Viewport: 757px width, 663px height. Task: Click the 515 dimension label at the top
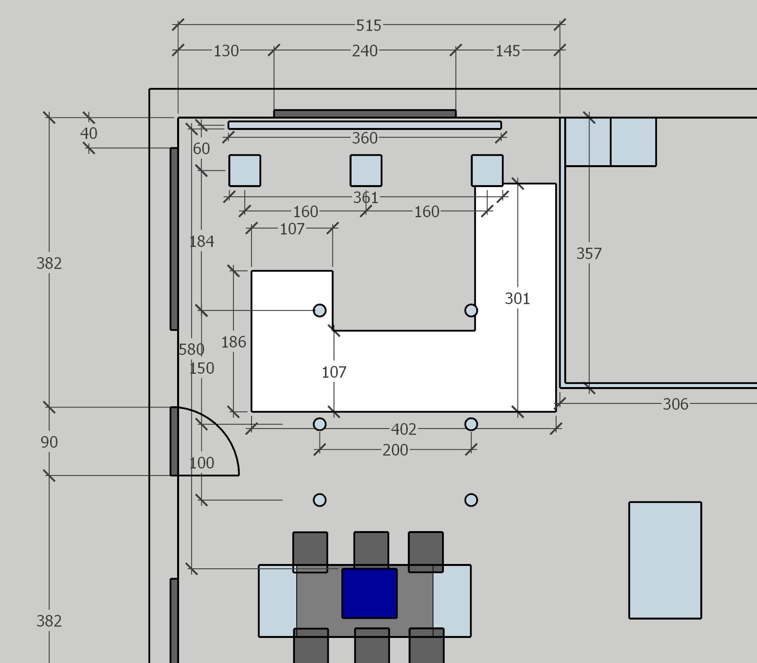click(x=368, y=26)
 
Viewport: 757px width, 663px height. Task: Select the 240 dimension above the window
click(x=365, y=51)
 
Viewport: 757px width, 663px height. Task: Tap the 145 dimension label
click(x=508, y=51)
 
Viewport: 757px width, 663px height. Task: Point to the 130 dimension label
click(x=226, y=51)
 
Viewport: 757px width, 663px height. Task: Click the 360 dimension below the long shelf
click(x=365, y=138)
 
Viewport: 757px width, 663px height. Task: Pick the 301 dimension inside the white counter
click(x=517, y=299)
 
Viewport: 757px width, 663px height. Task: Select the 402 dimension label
click(x=404, y=429)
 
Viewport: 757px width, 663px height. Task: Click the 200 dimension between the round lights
click(x=395, y=450)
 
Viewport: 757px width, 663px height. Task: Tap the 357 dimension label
click(x=589, y=254)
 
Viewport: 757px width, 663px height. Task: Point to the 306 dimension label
click(x=675, y=404)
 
